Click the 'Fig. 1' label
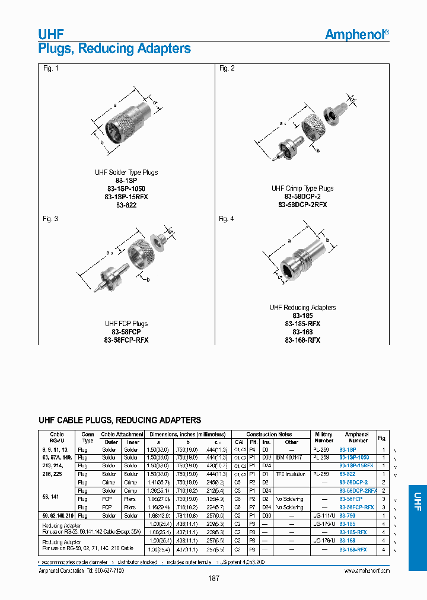[x=51, y=69]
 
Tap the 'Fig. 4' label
[x=227, y=219]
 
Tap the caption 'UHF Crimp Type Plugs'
[x=302, y=189]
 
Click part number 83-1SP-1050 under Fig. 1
[x=126, y=189]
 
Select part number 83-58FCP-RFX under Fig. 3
[x=126, y=340]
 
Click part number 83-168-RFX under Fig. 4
[x=302, y=340]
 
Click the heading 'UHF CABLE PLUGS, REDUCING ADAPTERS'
[x=120, y=420]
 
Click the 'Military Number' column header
[x=324, y=438]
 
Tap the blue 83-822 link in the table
[x=348, y=474]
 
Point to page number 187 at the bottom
[x=213, y=579]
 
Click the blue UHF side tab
[x=418, y=497]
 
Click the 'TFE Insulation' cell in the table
[x=292, y=474]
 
